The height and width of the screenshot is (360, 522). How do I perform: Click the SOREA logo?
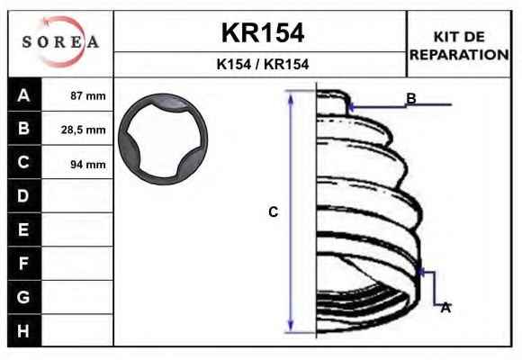point(60,42)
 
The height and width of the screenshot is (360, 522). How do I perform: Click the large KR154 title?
point(263,32)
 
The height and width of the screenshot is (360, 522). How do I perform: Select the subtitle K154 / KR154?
point(263,64)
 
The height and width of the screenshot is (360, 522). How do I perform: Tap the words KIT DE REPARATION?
point(459,46)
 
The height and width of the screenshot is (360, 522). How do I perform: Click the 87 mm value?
point(88,96)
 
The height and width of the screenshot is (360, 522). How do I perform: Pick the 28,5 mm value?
point(83,130)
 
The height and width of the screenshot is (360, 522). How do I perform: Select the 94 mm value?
point(88,164)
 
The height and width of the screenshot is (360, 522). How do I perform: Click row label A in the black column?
point(23,95)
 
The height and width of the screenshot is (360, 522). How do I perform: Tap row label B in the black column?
point(23,128)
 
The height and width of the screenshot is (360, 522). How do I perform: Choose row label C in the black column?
point(23,162)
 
